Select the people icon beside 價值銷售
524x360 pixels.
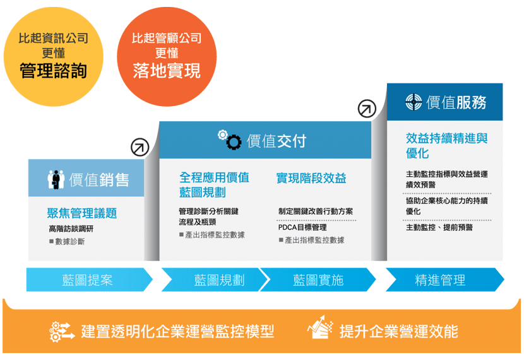[56, 179]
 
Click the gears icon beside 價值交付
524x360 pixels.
[230, 140]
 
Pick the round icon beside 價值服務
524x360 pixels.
[414, 102]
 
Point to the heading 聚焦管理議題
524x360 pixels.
[82, 213]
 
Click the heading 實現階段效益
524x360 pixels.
[311, 178]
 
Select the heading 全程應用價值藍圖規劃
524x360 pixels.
[214, 184]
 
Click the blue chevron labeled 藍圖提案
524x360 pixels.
[88, 280]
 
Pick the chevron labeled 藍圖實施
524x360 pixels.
[318, 280]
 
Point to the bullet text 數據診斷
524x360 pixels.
[69, 241]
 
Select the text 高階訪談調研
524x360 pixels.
[71, 229]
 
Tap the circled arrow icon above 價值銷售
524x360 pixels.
[139, 147]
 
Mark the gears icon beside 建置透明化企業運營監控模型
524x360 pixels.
[63, 330]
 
